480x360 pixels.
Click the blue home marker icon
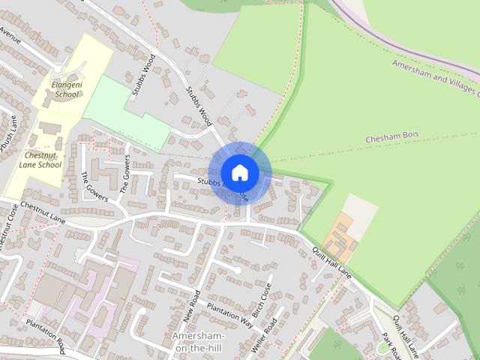point(239,173)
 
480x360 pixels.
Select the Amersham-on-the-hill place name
point(199,341)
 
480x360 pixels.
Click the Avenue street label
point(10,36)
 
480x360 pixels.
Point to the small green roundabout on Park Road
point(383,348)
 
